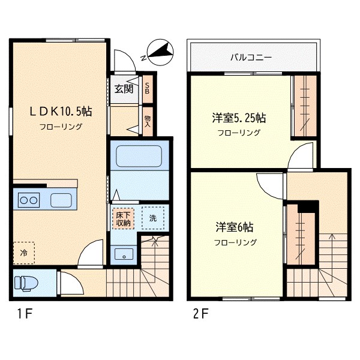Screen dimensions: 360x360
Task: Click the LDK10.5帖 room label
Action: coord(61,112)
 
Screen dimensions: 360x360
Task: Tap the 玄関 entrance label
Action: coord(124,89)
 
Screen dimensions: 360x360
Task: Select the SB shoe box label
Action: coord(147,88)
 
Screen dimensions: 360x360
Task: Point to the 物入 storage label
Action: coord(148,121)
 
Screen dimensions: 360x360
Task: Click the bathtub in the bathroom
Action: coord(139,156)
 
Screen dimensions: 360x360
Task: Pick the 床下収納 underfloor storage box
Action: coord(123,219)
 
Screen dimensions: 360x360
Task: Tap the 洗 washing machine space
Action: coord(153,218)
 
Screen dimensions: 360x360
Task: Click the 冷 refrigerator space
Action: coord(23,253)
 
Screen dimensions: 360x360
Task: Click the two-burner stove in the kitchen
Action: coord(29,200)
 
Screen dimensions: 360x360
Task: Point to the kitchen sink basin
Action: coord(61,200)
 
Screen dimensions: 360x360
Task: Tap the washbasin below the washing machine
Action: coord(124,254)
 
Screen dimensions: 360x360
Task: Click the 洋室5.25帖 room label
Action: coord(239,118)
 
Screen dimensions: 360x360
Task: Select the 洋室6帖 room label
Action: coord(235,227)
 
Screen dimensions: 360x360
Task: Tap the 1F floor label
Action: coord(25,313)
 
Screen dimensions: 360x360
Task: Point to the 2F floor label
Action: coord(201,314)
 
